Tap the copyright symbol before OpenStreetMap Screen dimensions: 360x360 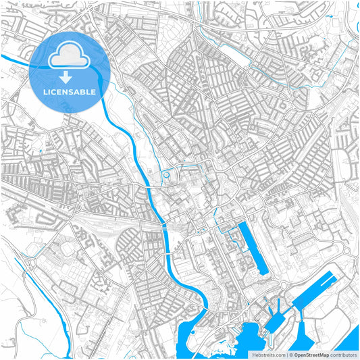pos(290,354)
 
